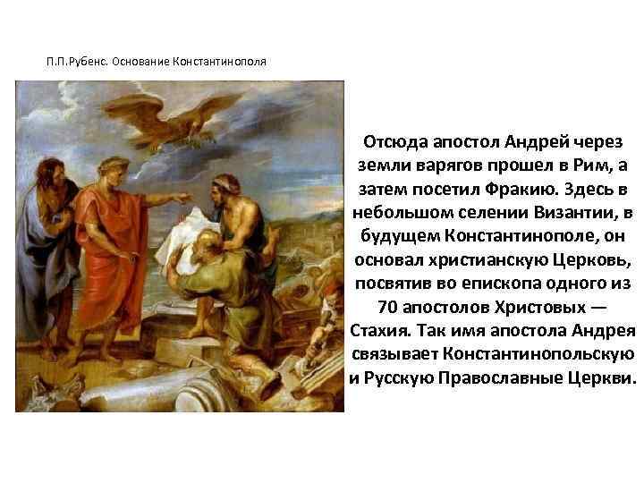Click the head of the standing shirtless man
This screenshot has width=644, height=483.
(223, 184)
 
